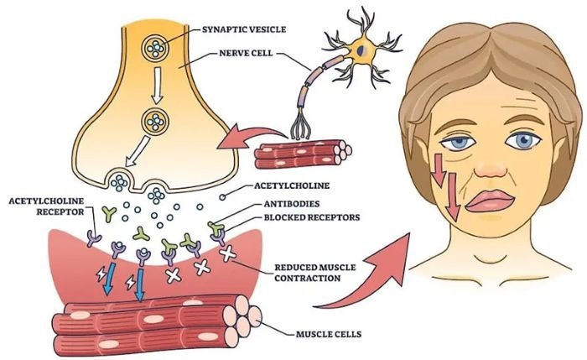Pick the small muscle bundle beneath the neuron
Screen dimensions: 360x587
coord(301,153)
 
